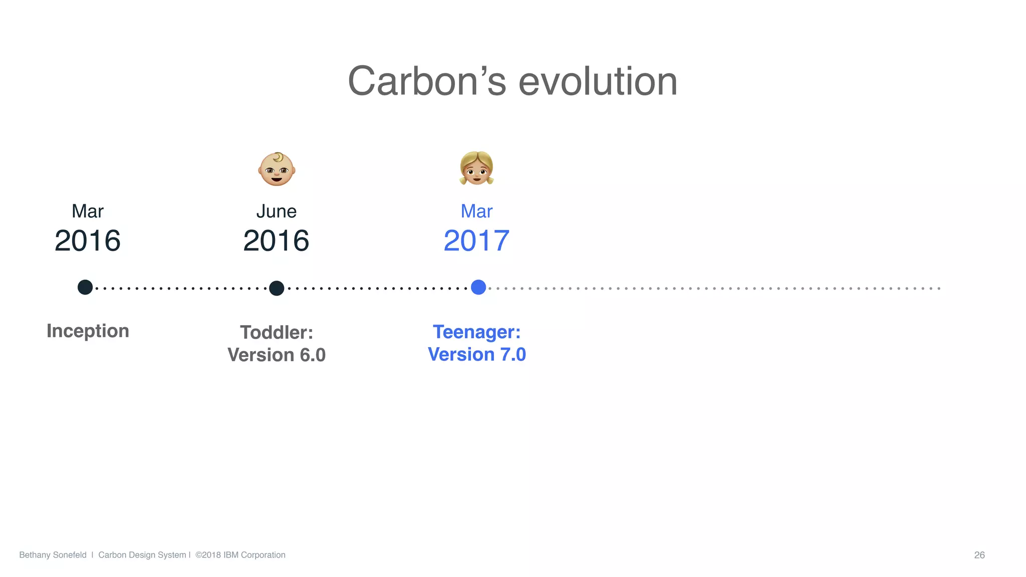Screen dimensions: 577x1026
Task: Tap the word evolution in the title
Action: (598, 81)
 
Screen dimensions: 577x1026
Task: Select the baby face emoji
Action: (277, 169)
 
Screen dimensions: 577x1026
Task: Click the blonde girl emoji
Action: (476, 168)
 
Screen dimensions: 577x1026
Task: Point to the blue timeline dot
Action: (478, 287)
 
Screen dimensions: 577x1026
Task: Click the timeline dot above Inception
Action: (85, 287)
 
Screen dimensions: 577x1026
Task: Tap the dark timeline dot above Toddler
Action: (277, 288)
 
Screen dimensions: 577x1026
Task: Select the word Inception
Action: (88, 331)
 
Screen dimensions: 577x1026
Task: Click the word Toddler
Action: (276, 333)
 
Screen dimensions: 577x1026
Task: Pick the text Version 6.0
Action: (277, 355)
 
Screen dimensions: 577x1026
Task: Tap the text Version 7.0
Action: (476, 355)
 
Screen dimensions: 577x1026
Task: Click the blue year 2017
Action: (476, 241)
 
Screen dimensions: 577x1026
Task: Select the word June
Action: (276, 211)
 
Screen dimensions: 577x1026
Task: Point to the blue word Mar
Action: (476, 211)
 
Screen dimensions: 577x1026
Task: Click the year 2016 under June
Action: (276, 241)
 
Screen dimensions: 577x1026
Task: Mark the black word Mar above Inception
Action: (88, 211)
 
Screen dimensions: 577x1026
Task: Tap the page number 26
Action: (979, 555)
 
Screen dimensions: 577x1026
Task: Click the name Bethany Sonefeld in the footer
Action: (53, 555)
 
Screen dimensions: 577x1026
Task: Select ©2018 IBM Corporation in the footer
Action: (240, 555)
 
